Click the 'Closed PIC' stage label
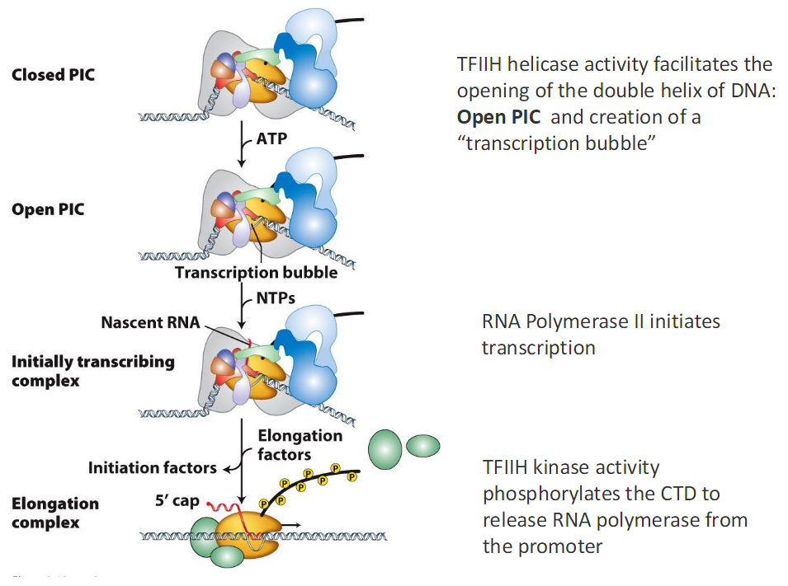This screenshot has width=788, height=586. click(53, 75)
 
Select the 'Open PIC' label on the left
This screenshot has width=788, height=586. click(48, 209)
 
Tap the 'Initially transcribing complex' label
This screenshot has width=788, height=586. click(92, 371)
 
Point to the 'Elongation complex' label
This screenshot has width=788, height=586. click(55, 513)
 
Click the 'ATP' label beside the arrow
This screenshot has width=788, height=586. click(271, 138)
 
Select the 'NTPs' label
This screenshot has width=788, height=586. click(276, 298)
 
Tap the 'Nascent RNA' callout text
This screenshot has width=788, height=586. click(150, 322)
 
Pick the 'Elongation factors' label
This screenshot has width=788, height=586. click(300, 444)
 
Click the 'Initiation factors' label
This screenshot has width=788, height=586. click(153, 468)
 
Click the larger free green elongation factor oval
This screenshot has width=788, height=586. click(385, 448)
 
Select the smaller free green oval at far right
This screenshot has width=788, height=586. click(423, 446)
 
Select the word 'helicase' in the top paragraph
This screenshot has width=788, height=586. click(552, 64)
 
